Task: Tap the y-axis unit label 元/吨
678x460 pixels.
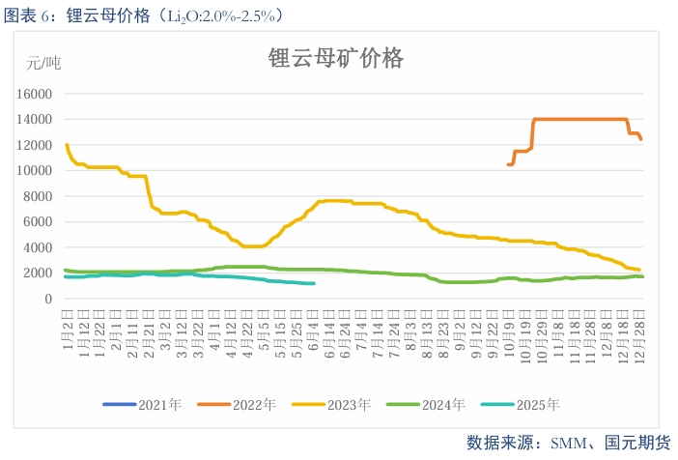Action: [x=42, y=64]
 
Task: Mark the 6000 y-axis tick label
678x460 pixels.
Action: [x=38, y=222]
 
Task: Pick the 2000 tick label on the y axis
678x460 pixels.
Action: [x=38, y=273]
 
